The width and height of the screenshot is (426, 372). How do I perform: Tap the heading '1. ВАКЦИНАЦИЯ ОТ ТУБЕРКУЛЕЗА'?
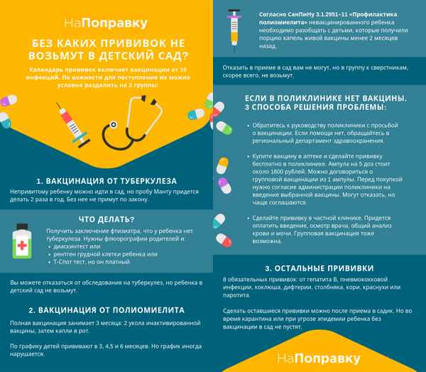pyautogui.click(x=106, y=181)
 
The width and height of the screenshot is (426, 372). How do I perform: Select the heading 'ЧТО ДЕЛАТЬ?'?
pyautogui.click(x=106, y=218)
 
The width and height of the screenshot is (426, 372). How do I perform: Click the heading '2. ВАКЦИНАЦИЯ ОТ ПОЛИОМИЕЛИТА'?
pyautogui.click(x=106, y=310)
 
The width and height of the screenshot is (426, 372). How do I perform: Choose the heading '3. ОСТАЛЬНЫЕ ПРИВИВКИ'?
pyautogui.click(x=319, y=268)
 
